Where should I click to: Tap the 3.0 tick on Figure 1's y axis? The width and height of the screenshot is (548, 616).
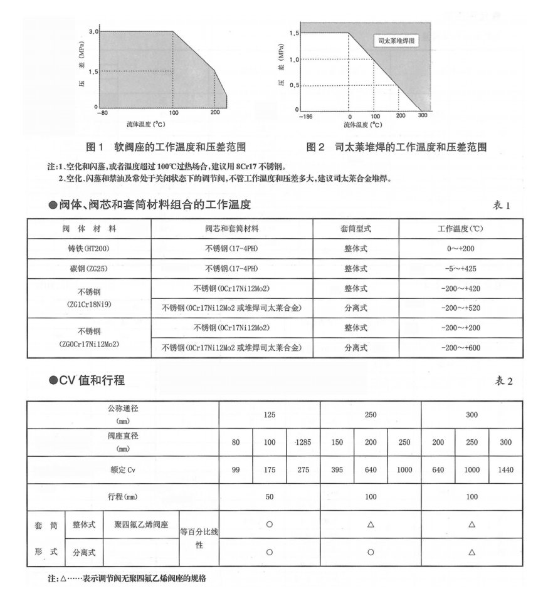tap(93, 31)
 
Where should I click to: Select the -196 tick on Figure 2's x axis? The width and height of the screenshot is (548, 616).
tap(306, 117)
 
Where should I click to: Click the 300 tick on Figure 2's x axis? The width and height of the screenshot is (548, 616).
tap(423, 117)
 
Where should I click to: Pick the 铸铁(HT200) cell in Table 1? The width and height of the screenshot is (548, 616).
tap(89, 248)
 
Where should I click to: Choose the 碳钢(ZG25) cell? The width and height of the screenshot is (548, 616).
tap(89, 268)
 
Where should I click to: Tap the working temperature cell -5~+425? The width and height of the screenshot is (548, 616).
tap(460, 268)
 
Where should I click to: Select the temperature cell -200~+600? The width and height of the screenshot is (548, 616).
tap(460, 347)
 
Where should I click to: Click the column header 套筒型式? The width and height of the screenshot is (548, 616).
tap(356, 229)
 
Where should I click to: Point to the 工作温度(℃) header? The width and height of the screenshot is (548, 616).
tap(460, 229)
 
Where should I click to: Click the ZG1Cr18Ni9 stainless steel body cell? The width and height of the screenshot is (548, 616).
tap(89, 298)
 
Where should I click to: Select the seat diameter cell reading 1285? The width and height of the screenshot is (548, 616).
tap(303, 442)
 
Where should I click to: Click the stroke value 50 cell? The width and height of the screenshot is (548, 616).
tap(269, 497)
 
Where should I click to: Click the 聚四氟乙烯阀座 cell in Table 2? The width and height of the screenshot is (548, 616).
tap(140, 525)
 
